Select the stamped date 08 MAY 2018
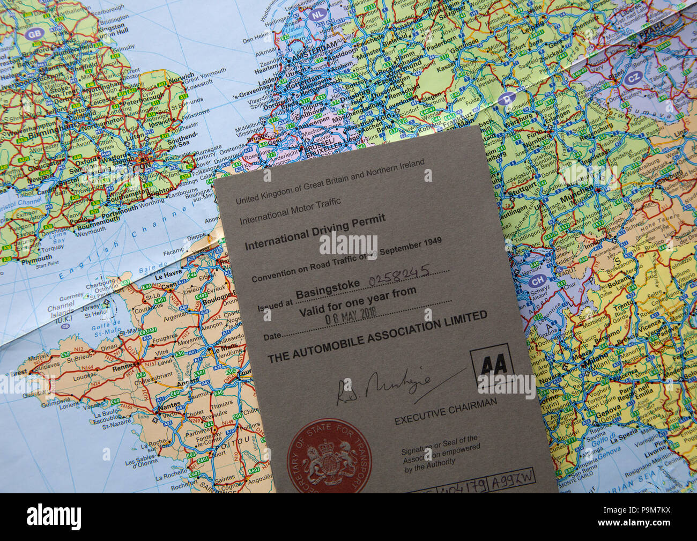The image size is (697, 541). point(351,315)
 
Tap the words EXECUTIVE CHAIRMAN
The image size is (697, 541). point(445,411)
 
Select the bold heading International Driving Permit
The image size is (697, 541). point(315,234)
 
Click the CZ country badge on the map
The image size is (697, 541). point(632,78)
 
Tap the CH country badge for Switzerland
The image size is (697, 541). point(537,279)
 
